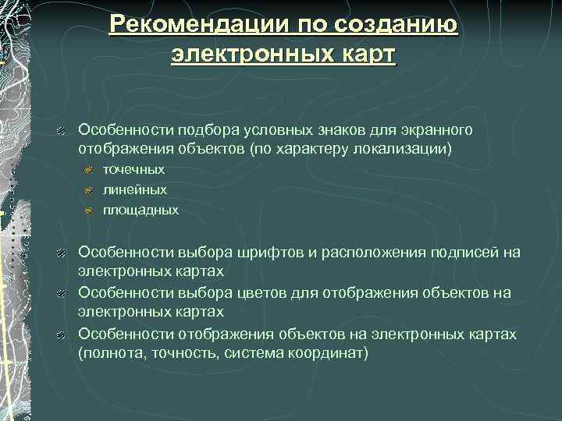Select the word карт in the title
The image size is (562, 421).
click(361, 55)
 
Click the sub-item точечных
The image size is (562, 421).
click(133, 169)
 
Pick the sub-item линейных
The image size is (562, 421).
click(135, 189)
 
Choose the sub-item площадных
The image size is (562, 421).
click(140, 210)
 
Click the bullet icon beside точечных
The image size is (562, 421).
click(89, 170)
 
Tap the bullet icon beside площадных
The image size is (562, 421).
click(89, 210)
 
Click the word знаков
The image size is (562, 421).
click(330, 129)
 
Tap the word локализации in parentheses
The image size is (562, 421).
click(405, 148)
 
